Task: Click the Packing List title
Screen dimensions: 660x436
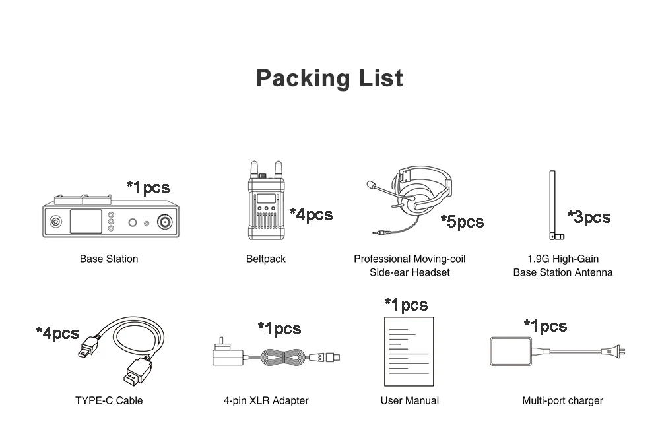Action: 329,78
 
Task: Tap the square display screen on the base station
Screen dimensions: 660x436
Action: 86,222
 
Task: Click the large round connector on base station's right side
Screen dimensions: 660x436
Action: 164,222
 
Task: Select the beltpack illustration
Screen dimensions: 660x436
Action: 265,201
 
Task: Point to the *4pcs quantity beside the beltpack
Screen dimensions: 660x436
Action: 311,214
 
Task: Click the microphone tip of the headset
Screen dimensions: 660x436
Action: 371,185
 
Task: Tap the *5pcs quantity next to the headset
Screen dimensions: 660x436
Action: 462,222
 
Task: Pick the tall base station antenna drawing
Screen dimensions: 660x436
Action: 555,205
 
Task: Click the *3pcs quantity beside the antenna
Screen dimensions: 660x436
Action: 589,217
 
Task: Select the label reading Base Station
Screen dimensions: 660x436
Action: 109,259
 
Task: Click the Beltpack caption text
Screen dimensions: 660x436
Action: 265,259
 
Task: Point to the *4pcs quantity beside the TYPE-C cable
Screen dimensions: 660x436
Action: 57,333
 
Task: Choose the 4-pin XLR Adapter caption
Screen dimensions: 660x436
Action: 266,400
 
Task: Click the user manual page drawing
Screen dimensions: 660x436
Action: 409,352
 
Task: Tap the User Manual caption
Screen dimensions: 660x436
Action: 410,400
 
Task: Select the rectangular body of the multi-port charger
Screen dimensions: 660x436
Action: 511,352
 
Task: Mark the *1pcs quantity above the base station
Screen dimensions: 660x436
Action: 148,187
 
